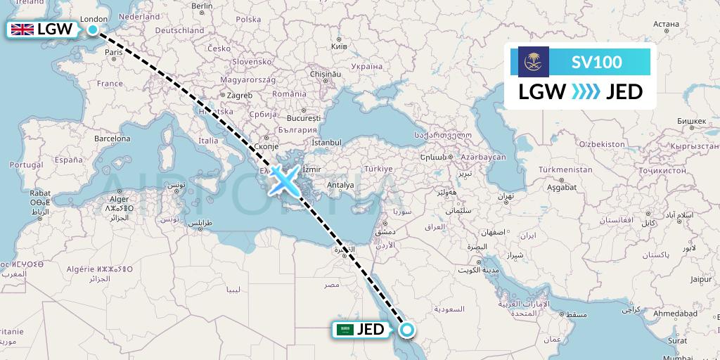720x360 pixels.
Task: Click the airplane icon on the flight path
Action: [x=283, y=180]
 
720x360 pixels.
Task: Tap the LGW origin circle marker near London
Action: [x=93, y=30]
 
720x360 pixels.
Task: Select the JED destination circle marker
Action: [x=406, y=329]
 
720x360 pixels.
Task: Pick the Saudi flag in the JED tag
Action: [x=345, y=329]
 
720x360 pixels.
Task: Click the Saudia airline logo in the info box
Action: [x=534, y=62]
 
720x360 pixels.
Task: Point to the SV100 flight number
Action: [x=596, y=62]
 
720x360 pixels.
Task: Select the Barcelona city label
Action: [x=112, y=139]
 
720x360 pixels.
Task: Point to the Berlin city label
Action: [x=202, y=6]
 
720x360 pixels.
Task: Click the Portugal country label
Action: [x=27, y=164]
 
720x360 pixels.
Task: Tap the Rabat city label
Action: [x=21, y=193]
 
